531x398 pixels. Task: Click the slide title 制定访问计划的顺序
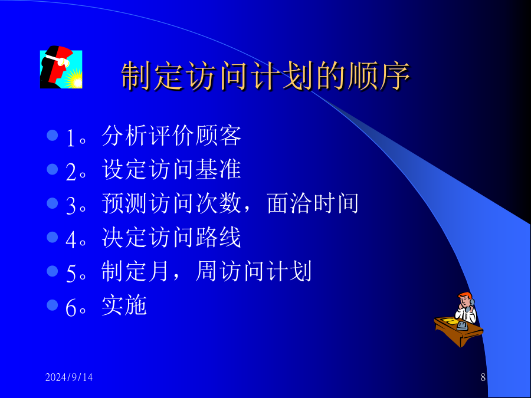(266, 76)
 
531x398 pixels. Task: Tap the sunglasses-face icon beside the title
(61, 67)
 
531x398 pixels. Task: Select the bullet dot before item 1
(53, 136)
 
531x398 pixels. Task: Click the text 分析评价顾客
(171, 136)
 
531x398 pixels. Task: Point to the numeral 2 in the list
(71, 172)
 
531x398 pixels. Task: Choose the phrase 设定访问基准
(171, 170)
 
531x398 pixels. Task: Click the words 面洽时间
(313, 203)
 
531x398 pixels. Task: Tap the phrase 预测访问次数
(171, 203)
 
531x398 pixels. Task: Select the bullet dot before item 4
(53, 237)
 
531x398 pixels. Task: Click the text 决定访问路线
(171, 238)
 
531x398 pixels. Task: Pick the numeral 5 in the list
(71, 274)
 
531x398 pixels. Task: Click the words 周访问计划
(254, 271)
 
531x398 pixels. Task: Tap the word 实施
(124, 305)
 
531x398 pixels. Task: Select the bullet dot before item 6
(53, 305)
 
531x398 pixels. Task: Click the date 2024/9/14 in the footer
(69, 377)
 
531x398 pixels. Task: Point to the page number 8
(483, 377)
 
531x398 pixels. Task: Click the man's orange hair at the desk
(465, 295)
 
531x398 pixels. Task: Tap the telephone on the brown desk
(462, 326)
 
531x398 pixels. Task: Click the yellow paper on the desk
(447, 321)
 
